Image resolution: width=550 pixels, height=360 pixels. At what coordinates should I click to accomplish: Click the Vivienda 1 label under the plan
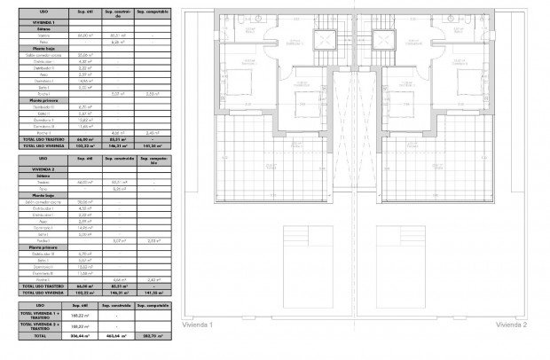pyautogui.click(x=196, y=325)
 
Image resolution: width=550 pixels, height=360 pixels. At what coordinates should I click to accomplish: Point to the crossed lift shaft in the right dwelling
pyautogui.click(x=385, y=40)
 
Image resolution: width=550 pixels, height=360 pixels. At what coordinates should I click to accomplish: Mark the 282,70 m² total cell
pyautogui.click(x=151, y=336)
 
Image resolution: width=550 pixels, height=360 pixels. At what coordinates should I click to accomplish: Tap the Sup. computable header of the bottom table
pyautogui.click(x=151, y=304)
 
